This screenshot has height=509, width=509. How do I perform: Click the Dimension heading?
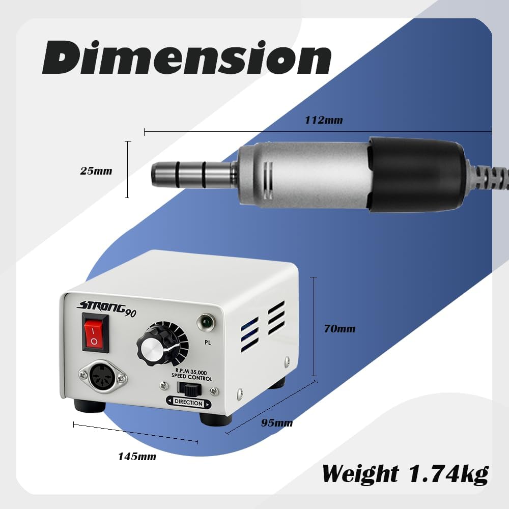point(187,58)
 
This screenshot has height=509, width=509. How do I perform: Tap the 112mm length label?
point(324,120)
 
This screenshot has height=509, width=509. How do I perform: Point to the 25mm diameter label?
point(96,171)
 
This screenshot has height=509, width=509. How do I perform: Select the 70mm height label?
point(340,328)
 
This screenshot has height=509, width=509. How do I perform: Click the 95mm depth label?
point(277,422)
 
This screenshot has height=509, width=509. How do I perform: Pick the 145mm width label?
point(137,457)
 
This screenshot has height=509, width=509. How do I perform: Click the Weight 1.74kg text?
point(405,474)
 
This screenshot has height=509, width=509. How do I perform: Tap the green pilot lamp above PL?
point(206,322)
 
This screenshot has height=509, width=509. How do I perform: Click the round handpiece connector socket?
point(103,377)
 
